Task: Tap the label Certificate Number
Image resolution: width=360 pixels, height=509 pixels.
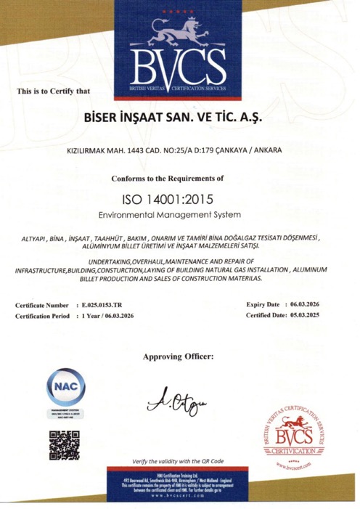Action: point(42,306)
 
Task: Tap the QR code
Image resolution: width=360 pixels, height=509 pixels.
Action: point(64,445)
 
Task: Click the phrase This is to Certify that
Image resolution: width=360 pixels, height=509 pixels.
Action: point(53,91)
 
